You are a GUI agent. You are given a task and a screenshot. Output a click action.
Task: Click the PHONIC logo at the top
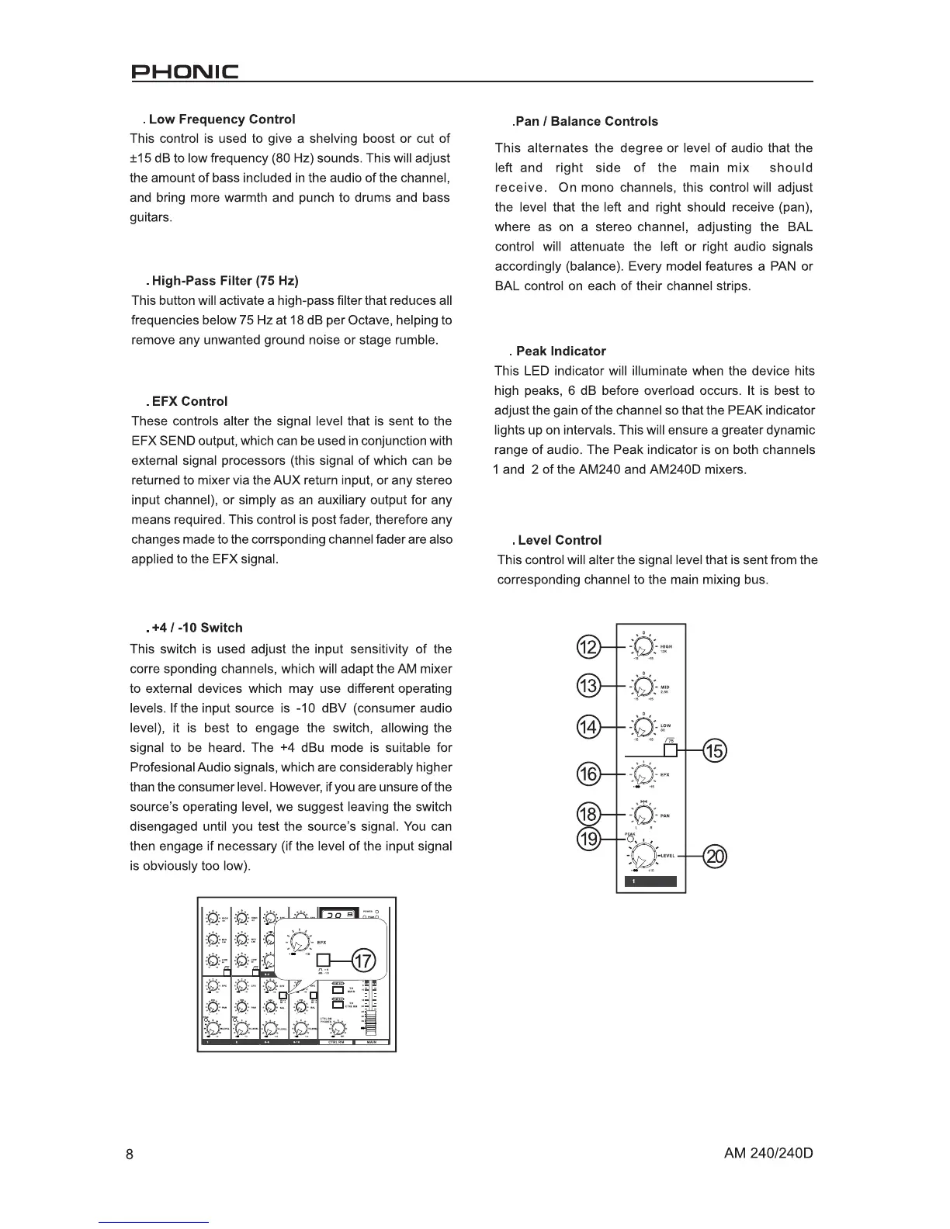pyautogui.click(x=184, y=74)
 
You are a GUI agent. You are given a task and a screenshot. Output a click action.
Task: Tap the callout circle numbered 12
pyautogui.click(x=590, y=646)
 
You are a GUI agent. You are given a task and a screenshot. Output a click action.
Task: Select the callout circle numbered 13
pyautogui.click(x=590, y=686)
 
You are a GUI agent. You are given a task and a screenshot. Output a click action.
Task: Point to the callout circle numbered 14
pyautogui.click(x=590, y=727)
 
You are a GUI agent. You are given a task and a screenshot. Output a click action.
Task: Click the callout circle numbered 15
pyautogui.click(x=714, y=750)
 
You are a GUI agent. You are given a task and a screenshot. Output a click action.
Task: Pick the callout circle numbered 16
pyautogui.click(x=590, y=774)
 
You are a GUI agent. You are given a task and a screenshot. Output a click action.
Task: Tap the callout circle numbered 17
pyautogui.click(x=364, y=961)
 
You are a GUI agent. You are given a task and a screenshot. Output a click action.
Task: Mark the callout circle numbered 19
pyautogui.click(x=590, y=840)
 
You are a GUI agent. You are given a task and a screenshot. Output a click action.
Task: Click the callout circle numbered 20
pyautogui.click(x=715, y=857)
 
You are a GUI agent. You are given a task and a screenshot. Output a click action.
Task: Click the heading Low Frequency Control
pyautogui.click(x=221, y=119)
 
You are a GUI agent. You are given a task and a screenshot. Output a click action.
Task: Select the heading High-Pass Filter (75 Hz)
pyautogui.click(x=225, y=281)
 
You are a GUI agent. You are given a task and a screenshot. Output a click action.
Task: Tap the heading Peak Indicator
pyautogui.click(x=560, y=351)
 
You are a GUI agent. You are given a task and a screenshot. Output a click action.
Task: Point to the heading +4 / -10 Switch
pyautogui.click(x=196, y=628)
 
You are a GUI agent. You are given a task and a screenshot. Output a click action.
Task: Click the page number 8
pyautogui.click(x=130, y=1154)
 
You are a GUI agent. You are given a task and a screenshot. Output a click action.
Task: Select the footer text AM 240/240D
pyautogui.click(x=768, y=1153)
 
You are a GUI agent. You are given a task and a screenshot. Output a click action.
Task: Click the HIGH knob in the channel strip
pyautogui.click(x=643, y=646)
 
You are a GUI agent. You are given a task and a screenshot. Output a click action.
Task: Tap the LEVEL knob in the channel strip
pyautogui.click(x=643, y=857)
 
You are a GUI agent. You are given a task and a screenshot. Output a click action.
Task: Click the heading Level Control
pyautogui.click(x=559, y=541)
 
